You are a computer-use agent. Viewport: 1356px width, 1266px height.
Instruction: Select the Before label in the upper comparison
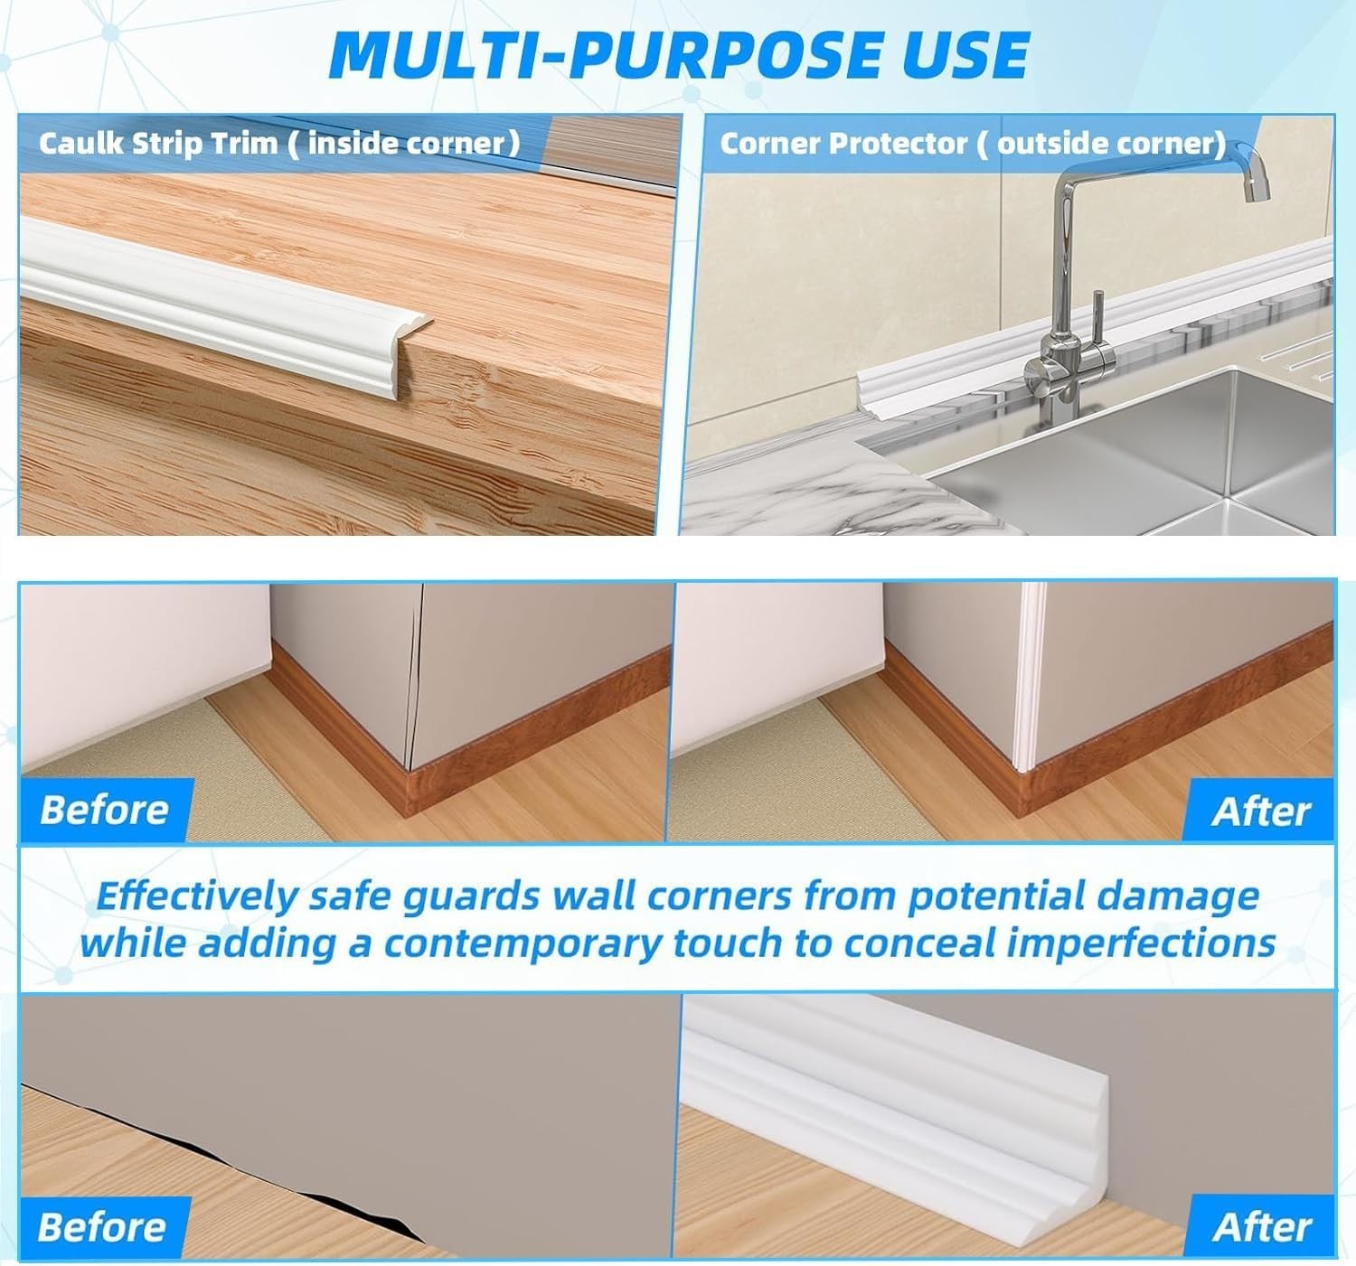tap(105, 810)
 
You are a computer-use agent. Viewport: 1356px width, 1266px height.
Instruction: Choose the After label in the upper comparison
tap(1261, 811)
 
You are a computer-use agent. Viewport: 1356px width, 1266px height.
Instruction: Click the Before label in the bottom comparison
tap(102, 1227)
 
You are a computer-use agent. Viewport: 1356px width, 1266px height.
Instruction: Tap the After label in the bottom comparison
tap(1262, 1228)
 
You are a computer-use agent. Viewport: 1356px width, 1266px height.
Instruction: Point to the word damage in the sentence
tap(1177, 897)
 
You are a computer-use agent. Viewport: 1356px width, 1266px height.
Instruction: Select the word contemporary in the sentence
tap(523, 943)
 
